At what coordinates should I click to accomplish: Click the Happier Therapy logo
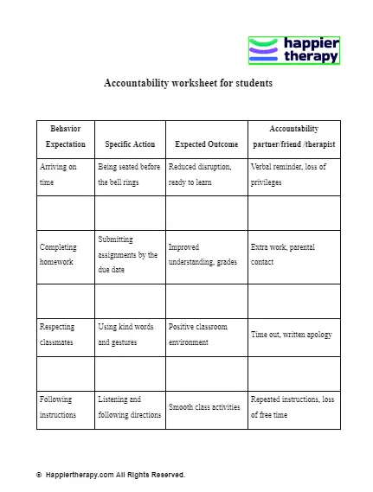tap(294, 50)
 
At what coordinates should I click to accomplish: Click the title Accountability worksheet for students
tap(188, 84)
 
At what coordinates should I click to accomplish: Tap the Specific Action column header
tap(130, 144)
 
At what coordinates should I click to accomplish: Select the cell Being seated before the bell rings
tap(129, 175)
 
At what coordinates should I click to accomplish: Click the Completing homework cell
tap(63, 254)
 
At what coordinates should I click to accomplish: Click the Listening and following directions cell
tap(130, 407)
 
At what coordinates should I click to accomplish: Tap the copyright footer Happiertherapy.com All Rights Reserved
tap(111, 475)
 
